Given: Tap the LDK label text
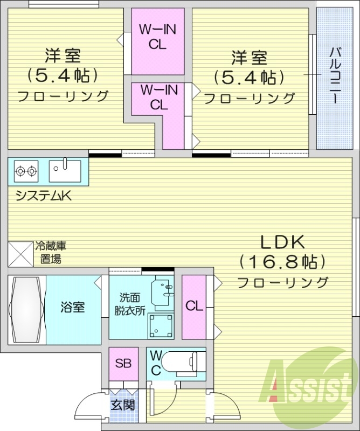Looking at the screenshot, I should (283, 241).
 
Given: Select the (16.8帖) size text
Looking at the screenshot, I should (283, 262).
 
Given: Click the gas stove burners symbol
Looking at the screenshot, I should (26, 171).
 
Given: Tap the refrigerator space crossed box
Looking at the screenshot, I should (20, 253).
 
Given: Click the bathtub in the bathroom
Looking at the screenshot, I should (26, 309).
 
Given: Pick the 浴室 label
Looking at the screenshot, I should (72, 308).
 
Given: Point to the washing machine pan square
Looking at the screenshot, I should (161, 325).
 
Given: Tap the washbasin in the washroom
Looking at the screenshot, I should (164, 290).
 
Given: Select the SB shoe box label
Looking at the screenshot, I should (123, 363).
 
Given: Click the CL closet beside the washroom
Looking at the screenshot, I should (194, 307).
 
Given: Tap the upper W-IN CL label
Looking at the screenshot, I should (157, 37).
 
